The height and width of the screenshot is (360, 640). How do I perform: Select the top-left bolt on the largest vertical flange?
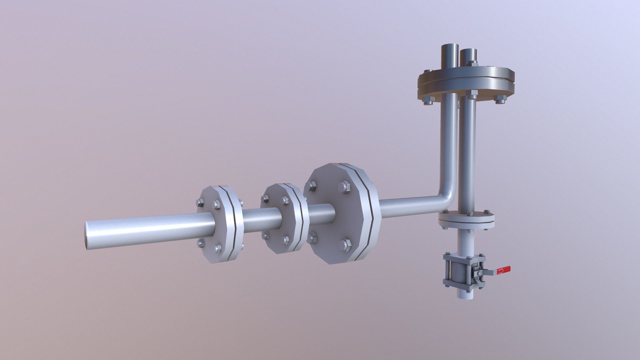312,186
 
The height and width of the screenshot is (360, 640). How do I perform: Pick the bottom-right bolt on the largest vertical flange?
345,245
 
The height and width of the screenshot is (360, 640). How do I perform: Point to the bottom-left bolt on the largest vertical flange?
312,238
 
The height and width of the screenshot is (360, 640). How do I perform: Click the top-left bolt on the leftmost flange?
200,202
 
